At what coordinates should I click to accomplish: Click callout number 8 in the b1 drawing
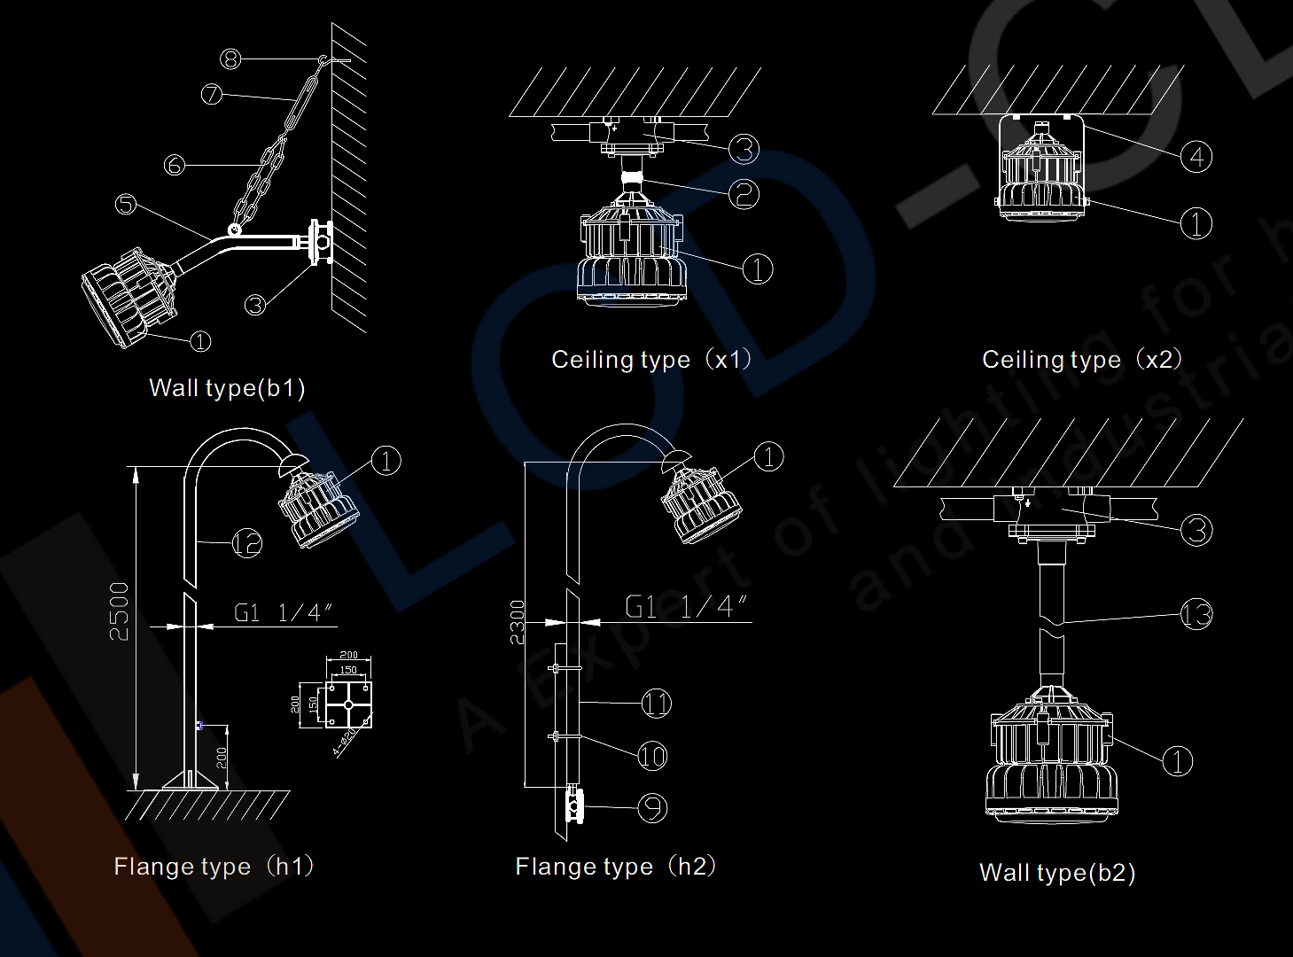pyautogui.click(x=230, y=59)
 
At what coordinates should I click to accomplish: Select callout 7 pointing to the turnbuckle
pyautogui.click(x=211, y=93)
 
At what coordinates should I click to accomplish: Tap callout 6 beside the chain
pyautogui.click(x=175, y=165)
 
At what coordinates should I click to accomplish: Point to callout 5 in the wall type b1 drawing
pyautogui.click(x=126, y=204)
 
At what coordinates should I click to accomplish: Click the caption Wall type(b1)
pyautogui.click(x=227, y=388)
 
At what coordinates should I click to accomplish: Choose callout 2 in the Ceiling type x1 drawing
pyautogui.click(x=744, y=193)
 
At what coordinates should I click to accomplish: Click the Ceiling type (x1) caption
pyautogui.click(x=651, y=359)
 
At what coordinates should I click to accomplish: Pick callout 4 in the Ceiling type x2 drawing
pyautogui.click(x=1196, y=157)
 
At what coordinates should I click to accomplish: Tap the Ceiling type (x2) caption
pyautogui.click(x=1082, y=359)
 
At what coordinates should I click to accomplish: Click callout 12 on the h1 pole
pyautogui.click(x=247, y=542)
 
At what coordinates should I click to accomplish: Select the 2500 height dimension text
pyautogui.click(x=120, y=611)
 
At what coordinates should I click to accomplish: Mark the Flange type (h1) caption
pyautogui.click(x=214, y=866)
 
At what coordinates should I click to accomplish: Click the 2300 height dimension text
pyautogui.click(x=518, y=622)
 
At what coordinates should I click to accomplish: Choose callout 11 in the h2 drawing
pyautogui.click(x=656, y=704)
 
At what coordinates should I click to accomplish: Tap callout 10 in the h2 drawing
pyautogui.click(x=652, y=756)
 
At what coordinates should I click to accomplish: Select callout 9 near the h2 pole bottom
pyautogui.click(x=652, y=807)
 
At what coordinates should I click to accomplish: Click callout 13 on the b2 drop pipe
pyautogui.click(x=1196, y=614)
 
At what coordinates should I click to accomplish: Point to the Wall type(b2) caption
pyautogui.click(x=1057, y=873)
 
